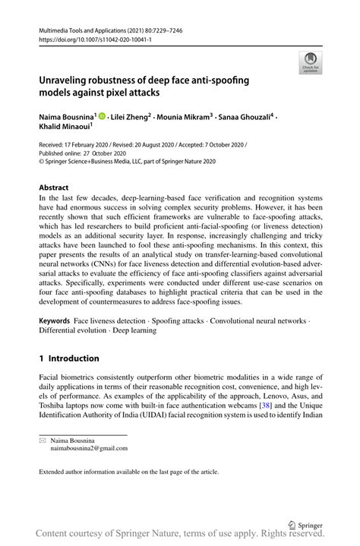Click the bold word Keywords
54,322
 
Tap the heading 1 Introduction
69,358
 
